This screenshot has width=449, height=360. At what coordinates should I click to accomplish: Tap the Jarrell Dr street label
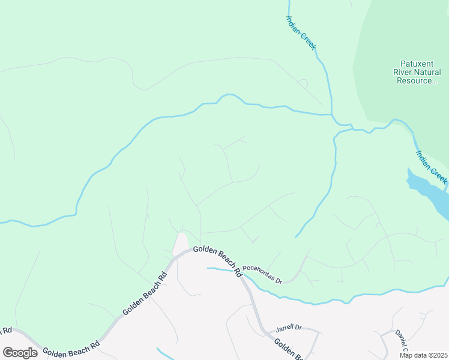(288, 329)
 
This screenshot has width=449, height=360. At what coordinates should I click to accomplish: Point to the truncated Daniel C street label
(401, 343)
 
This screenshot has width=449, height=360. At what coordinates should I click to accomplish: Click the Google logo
(20, 352)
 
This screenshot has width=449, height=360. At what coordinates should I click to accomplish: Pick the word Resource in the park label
(416, 80)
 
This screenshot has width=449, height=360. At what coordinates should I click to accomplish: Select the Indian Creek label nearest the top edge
(301, 32)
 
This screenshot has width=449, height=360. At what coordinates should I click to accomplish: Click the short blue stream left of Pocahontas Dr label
(220, 269)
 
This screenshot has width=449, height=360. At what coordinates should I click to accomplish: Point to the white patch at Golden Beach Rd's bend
(180, 243)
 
